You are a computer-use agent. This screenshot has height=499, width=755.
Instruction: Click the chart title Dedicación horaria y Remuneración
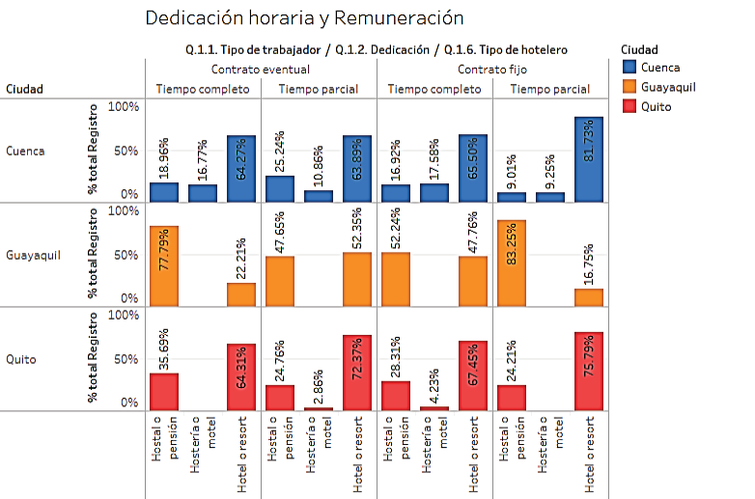coord(303,18)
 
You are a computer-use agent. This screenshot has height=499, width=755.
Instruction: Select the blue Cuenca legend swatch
coord(629,68)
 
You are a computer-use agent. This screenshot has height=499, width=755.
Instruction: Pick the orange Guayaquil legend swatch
coord(629,87)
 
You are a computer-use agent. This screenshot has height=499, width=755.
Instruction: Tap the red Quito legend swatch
coord(629,106)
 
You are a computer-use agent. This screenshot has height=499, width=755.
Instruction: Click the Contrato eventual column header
coord(261,69)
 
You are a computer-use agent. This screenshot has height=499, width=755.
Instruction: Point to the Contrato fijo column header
coord(492,69)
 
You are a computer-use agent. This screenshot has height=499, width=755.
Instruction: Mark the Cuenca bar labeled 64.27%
coord(241,168)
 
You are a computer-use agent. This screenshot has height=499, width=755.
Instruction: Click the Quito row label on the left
coord(21,359)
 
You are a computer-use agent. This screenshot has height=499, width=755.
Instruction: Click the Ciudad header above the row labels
coord(24,89)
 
